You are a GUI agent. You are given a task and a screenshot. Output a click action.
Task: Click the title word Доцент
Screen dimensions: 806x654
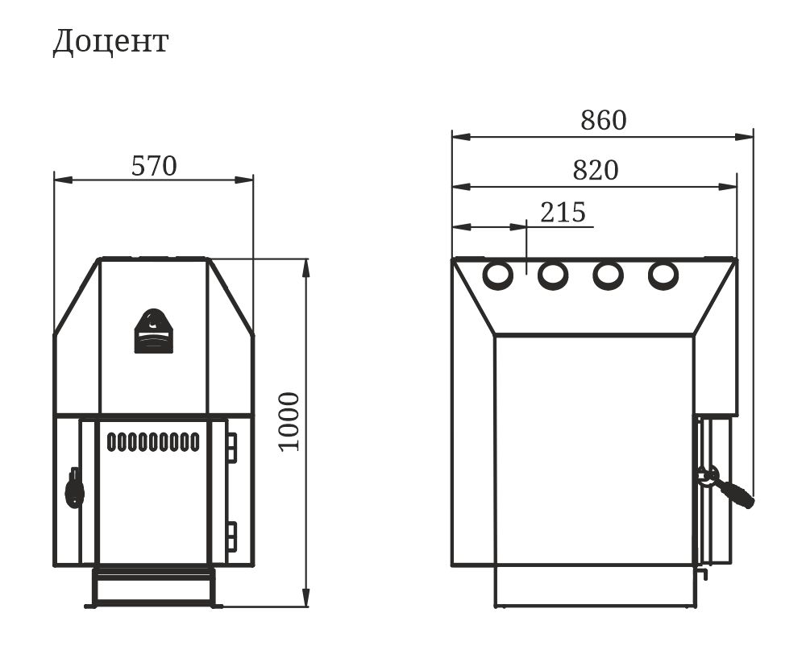click(110, 42)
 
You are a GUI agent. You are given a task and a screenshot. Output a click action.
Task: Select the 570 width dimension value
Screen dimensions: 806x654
click(154, 166)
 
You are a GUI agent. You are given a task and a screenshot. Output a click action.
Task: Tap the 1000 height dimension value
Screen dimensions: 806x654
click(289, 422)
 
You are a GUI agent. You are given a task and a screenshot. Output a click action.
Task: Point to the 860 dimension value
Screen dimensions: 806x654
click(604, 121)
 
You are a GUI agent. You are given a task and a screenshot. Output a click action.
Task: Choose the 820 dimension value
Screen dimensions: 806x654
click(596, 170)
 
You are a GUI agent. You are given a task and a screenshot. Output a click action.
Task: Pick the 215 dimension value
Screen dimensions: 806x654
click(563, 212)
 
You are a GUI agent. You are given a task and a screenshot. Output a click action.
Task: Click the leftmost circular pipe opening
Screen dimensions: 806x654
click(497, 275)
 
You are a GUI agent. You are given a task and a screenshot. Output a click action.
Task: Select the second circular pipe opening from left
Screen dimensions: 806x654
click(553, 275)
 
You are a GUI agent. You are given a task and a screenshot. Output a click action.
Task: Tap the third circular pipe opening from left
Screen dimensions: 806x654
click(608, 275)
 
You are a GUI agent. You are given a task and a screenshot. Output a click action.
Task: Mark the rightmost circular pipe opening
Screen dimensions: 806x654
click(663, 275)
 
